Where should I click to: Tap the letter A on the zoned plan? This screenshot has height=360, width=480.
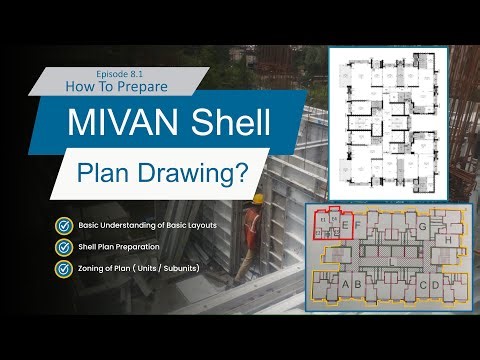[x=346, y=285]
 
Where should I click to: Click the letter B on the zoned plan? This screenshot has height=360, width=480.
[x=358, y=285]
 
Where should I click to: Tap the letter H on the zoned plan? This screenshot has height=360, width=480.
[x=450, y=240]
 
